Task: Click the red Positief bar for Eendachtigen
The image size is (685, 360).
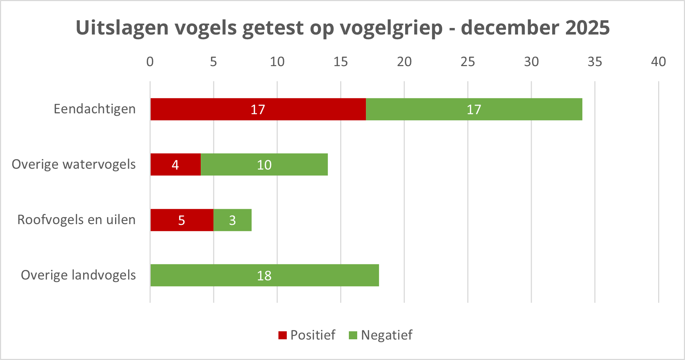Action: point(218,109)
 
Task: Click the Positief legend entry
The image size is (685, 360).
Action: point(307,335)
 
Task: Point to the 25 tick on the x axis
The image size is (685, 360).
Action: point(468,62)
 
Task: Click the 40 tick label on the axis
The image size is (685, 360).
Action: point(658,62)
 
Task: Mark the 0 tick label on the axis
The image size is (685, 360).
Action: point(150,62)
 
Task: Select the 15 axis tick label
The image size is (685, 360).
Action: point(341,62)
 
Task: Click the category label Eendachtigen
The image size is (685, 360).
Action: point(95,109)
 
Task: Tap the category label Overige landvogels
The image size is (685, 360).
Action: point(78,275)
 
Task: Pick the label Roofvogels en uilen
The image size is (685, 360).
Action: point(77,220)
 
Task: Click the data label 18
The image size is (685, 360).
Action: point(264,276)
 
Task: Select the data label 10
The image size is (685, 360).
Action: point(264,165)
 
